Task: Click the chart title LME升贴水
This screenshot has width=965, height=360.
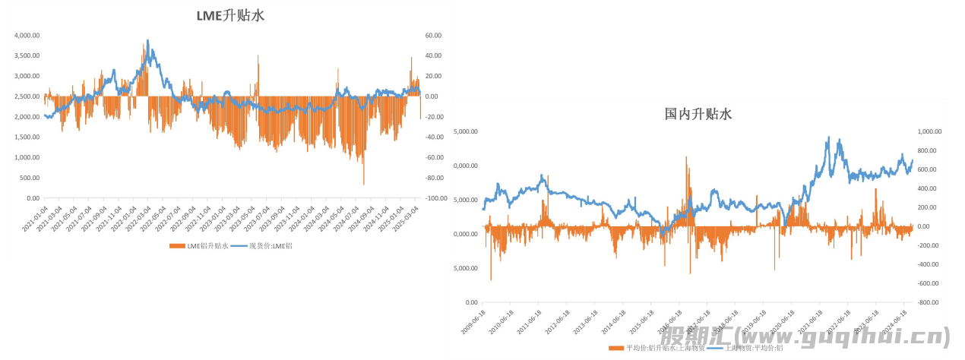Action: tap(229, 15)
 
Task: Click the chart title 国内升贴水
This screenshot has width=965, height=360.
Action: tap(698, 114)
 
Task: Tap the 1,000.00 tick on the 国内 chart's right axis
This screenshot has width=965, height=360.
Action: tap(929, 131)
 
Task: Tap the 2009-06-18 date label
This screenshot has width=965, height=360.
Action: tap(473, 321)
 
